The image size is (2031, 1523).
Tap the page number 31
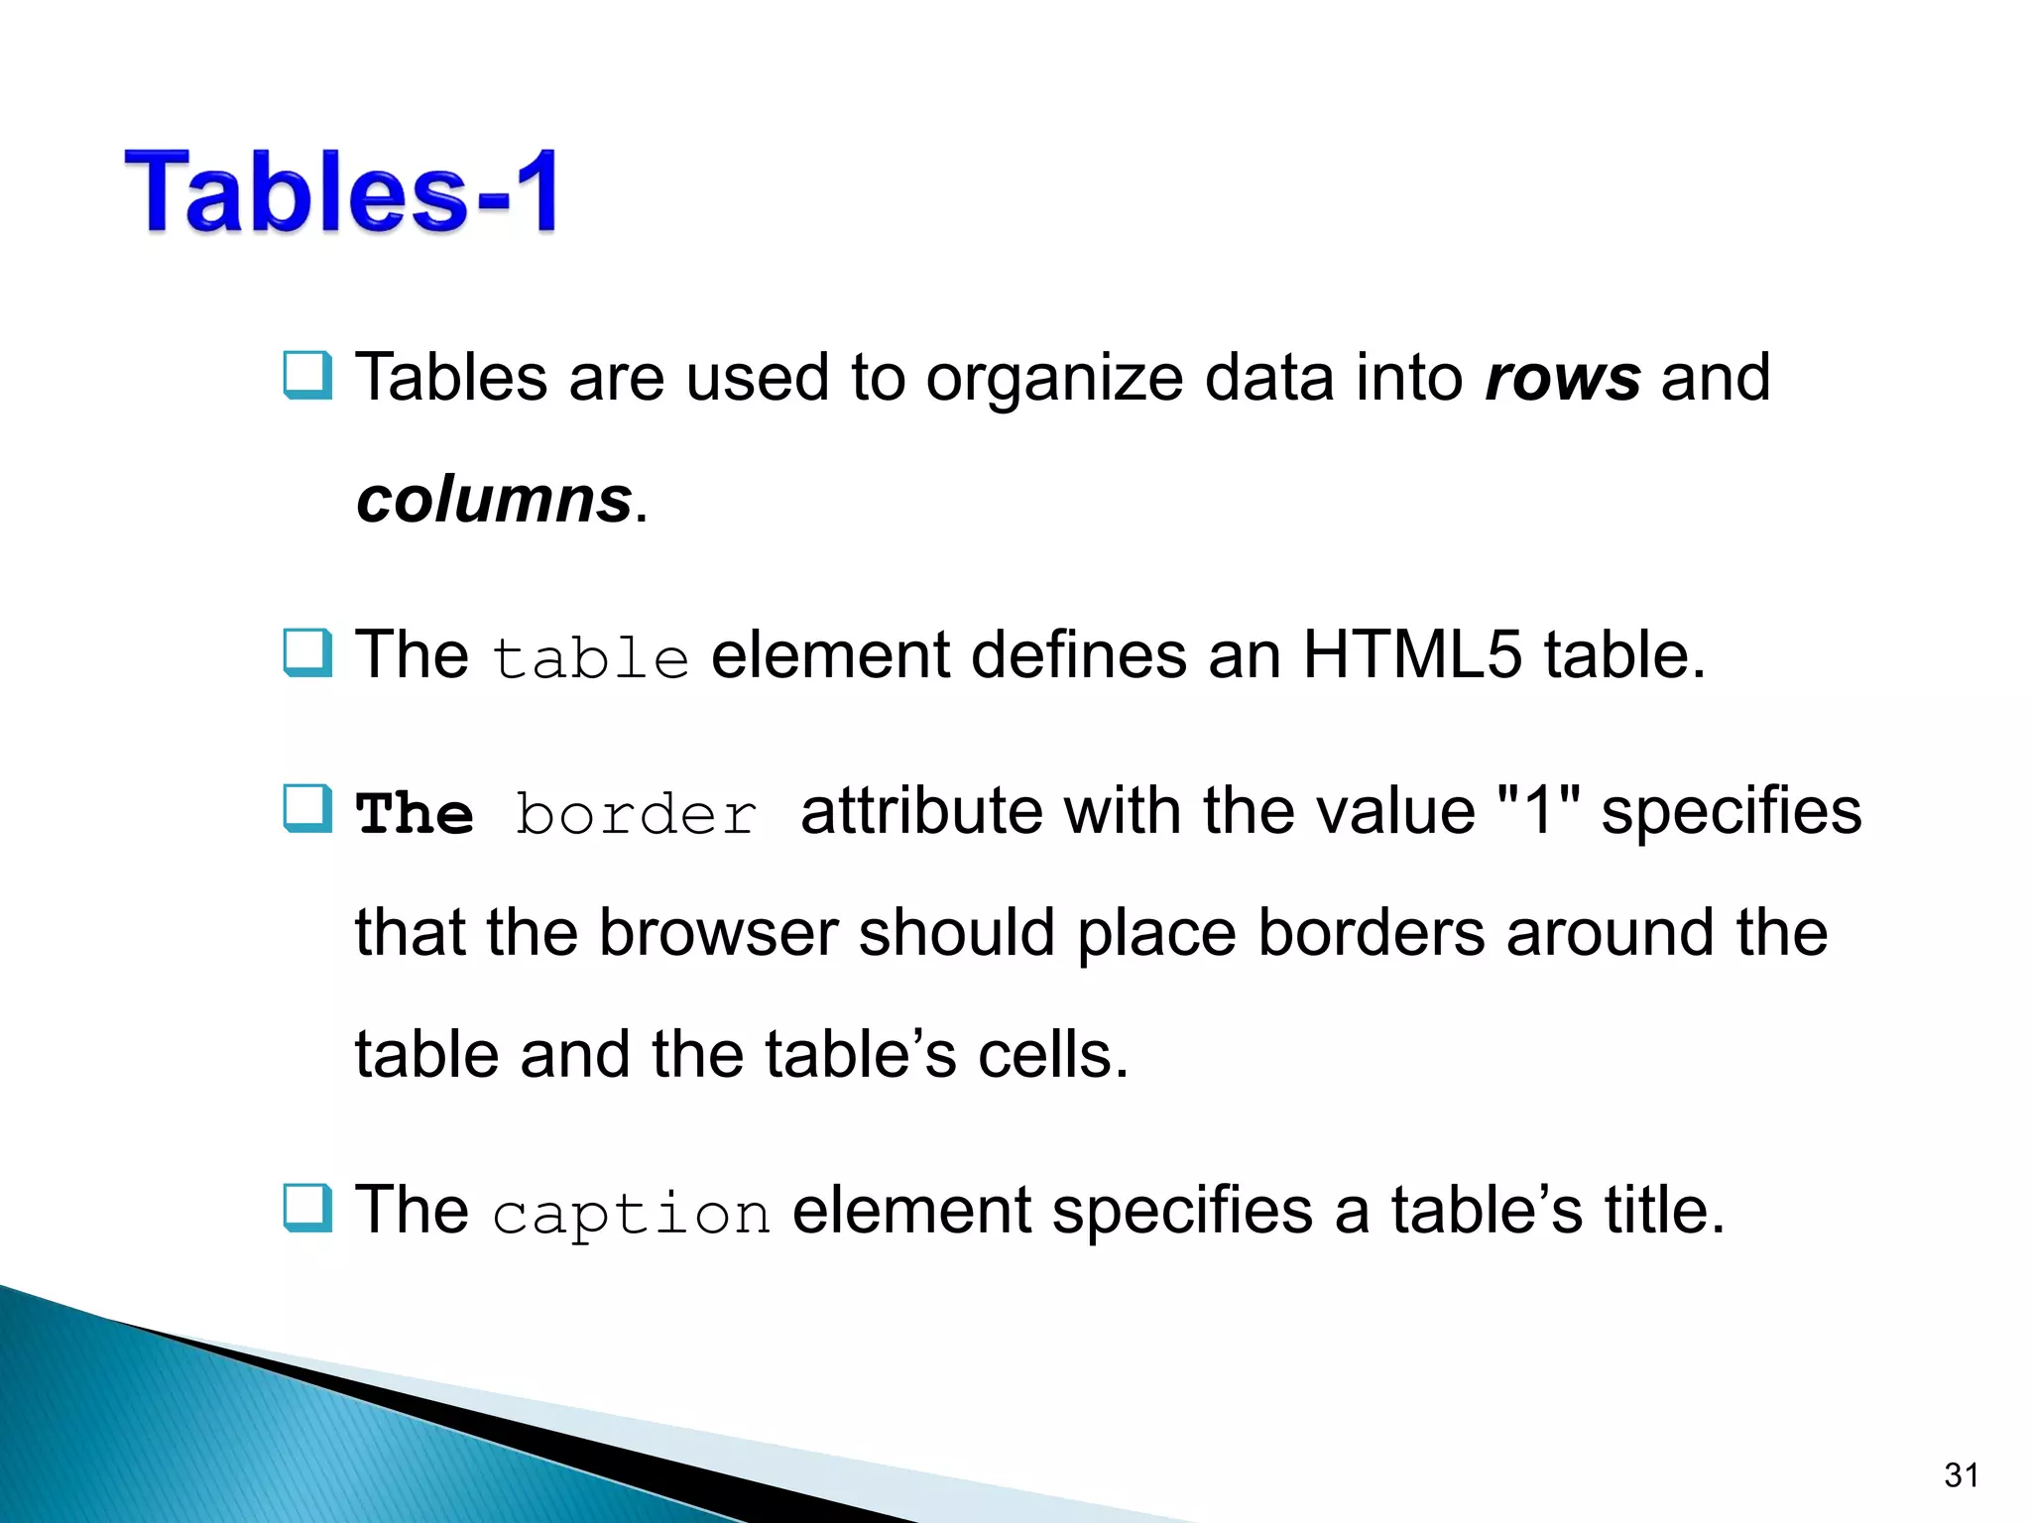(x=1962, y=1475)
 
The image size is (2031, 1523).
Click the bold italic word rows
(x=1563, y=379)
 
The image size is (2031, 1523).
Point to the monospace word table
(x=590, y=658)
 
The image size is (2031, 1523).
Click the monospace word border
(x=636, y=815)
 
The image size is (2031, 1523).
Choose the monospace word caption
(x=631, y=1214)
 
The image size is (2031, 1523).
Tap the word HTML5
(x=1411, y=655)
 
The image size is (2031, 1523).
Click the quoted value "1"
(x=1538, y=811)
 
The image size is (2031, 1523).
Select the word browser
(x=719, y=933)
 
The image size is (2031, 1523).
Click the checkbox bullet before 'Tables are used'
(x=307, y=375)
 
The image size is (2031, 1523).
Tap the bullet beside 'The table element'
(x=307, y=652)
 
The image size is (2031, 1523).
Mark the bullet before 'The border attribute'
(x=307, y=809)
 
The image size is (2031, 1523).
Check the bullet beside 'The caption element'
(x=307, y=1208)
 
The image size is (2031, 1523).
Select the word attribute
(x=921, y=811)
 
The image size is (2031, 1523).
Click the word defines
(x=1078, y=655)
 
